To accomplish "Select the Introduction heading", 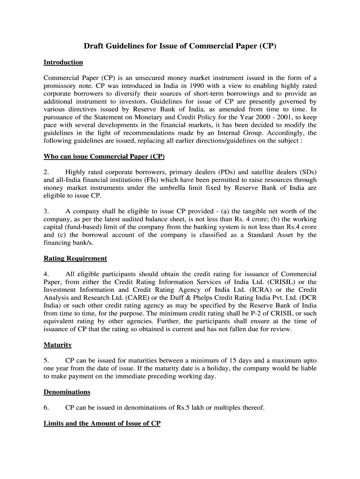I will click(63, 62).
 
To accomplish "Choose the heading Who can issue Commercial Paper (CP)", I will click(104, 156).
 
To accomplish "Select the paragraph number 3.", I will click(46, 211).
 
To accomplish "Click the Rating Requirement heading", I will click(75, 258).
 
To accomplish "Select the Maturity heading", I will click(58, 345).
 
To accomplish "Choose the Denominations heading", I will click(67, 392).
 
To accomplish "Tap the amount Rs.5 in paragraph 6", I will click(179, 408).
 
